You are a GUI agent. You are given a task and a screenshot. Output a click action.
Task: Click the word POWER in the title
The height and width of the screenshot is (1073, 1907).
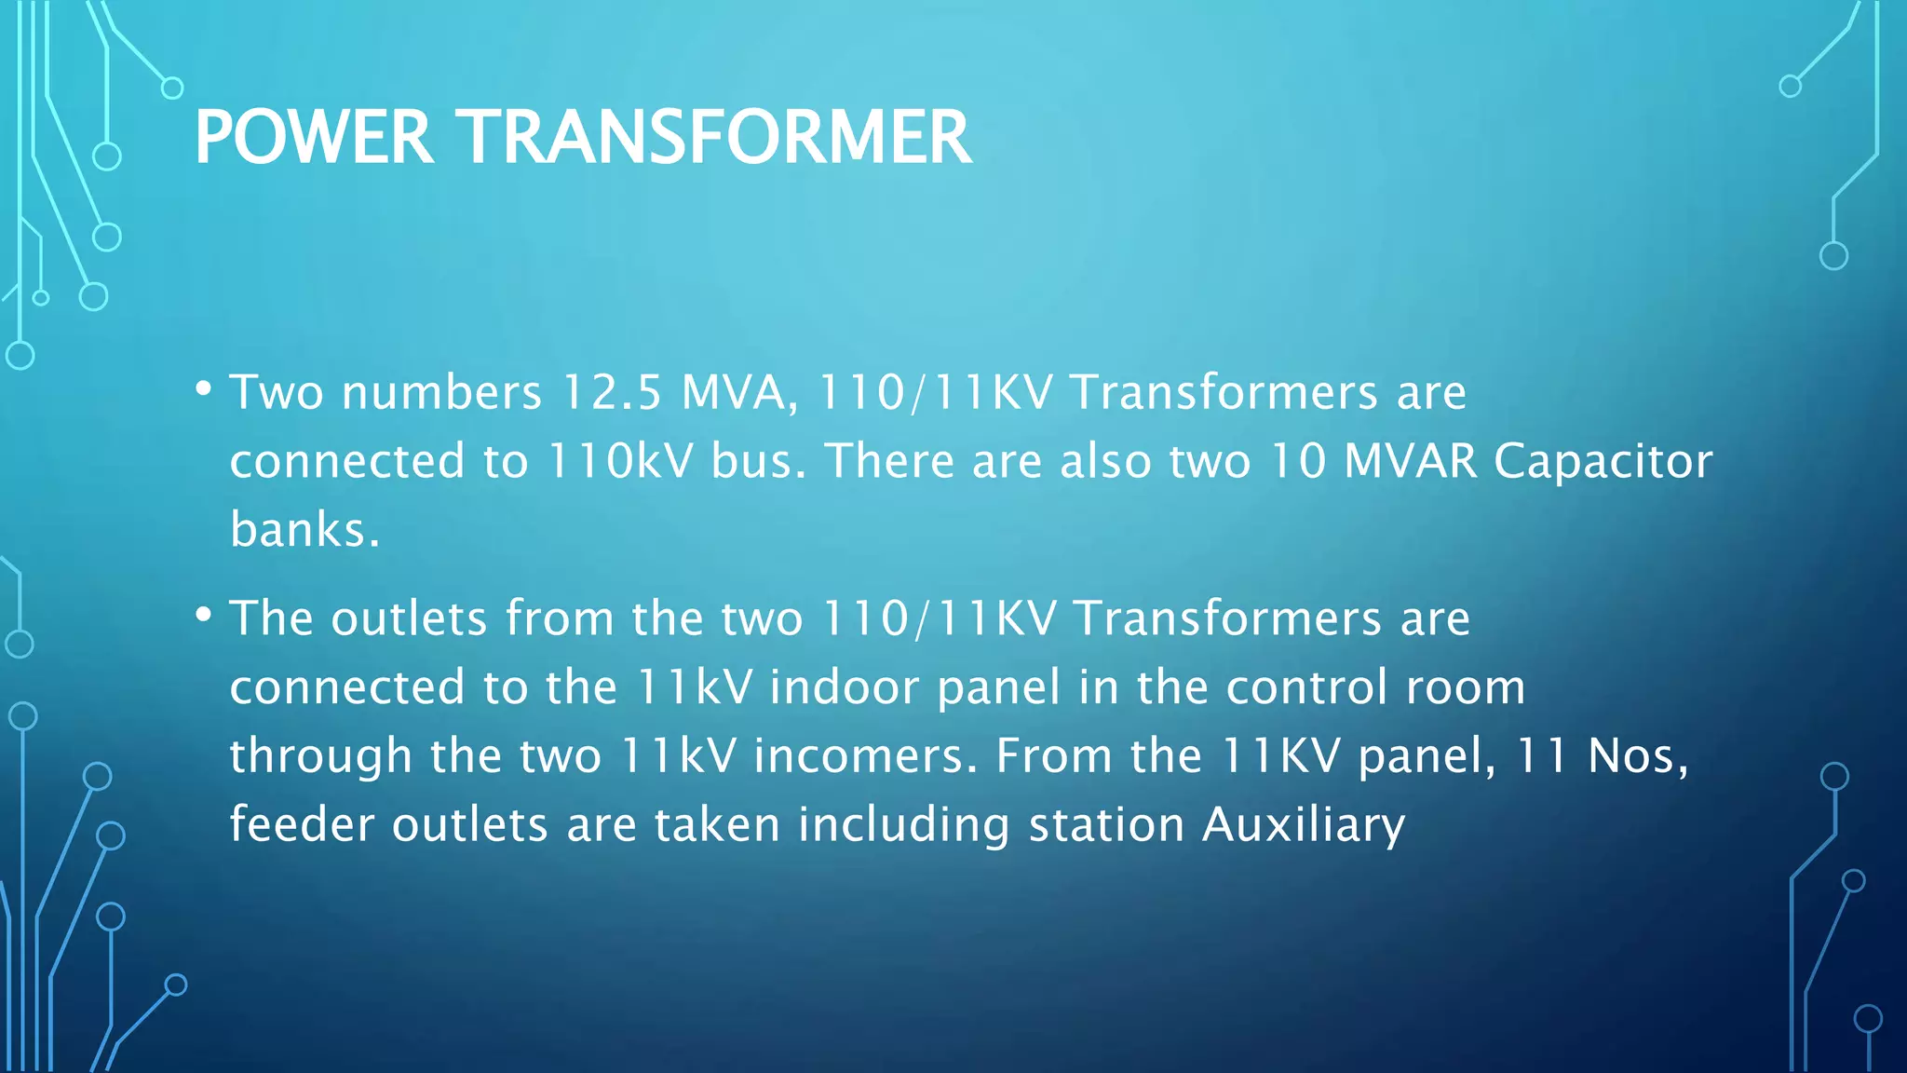[x=314, y=138]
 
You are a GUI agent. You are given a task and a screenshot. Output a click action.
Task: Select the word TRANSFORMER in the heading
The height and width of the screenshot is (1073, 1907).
[x=716, y=138]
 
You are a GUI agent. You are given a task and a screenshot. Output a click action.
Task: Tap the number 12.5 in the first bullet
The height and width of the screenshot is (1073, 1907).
[x=612, y=392]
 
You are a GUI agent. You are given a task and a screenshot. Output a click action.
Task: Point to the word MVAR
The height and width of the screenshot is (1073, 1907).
[x=1411, y=461]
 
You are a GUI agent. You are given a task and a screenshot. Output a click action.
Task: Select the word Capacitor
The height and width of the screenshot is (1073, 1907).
[x=1603, y=461]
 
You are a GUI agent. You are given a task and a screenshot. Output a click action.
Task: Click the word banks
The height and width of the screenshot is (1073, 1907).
[x=304, y=530]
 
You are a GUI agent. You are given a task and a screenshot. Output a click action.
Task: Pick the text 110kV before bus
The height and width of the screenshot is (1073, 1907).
[x=620, y=461]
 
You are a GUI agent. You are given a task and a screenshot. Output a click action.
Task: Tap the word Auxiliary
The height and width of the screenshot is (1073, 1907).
[x=1304, y=825]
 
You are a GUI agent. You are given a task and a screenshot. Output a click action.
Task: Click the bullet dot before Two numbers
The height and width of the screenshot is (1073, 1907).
[x=204, y=388]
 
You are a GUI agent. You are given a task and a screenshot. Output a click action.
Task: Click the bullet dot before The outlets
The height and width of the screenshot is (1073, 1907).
[x=204, y=615]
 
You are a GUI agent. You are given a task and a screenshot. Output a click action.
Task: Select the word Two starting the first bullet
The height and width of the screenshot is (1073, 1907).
[x=277, y=392]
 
